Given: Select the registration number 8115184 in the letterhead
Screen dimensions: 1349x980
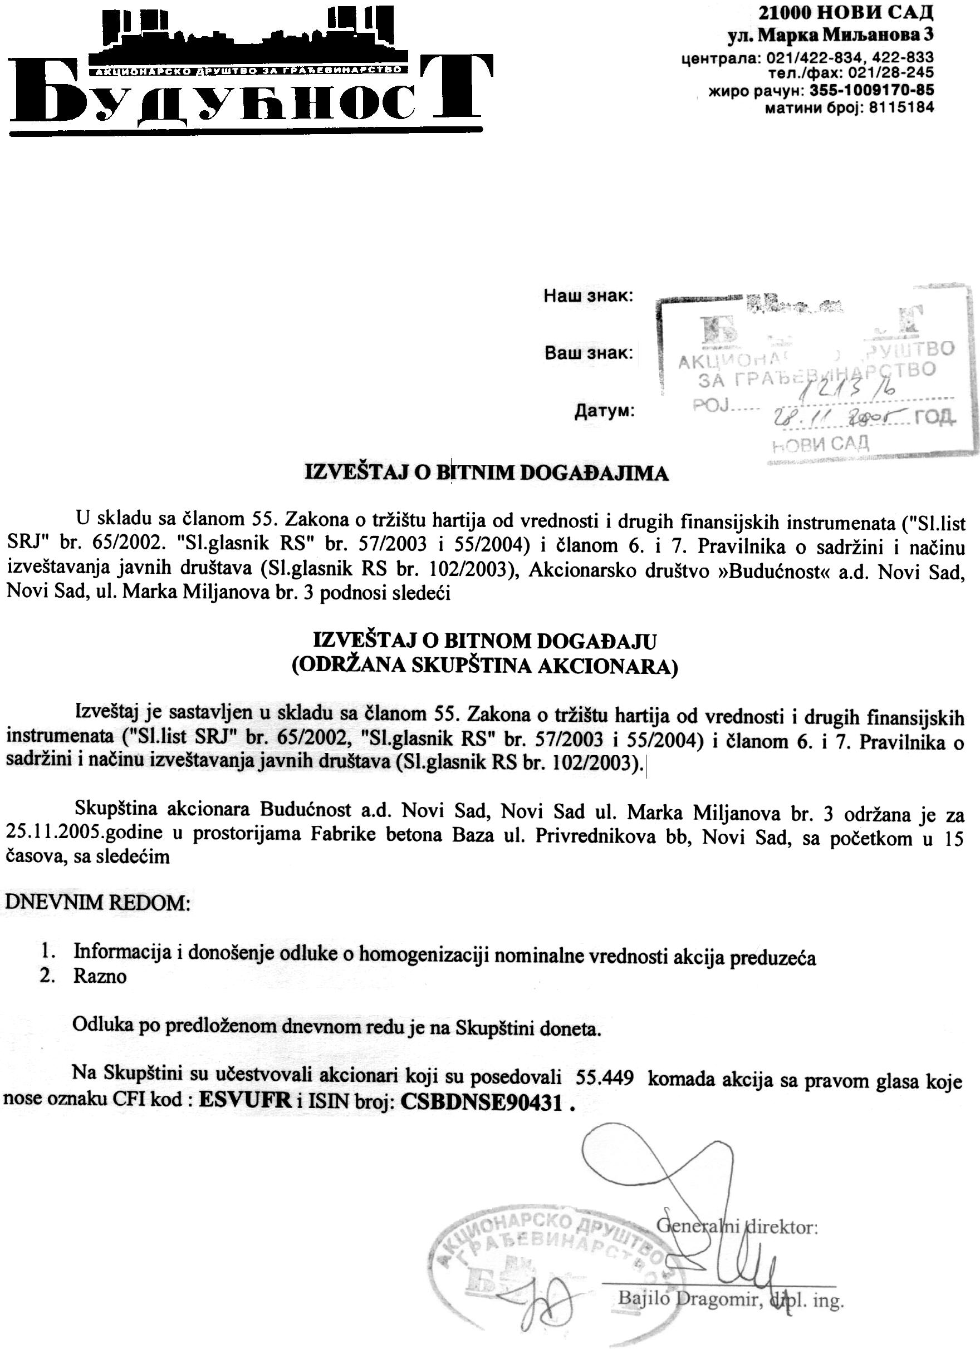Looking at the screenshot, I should (x=897, y=107).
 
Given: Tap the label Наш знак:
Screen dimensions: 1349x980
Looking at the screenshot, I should (x=589, y=296).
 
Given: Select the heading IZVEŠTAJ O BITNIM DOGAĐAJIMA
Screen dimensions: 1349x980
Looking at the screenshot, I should (x=487, y=474).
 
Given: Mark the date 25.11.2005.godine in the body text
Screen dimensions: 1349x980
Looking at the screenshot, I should (x=84, y=833).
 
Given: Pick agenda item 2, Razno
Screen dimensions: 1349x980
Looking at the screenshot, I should (x=99, y=977).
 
